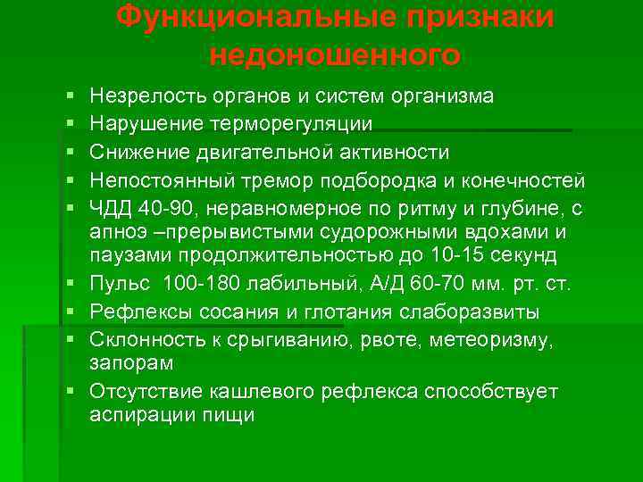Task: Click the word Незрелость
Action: pos(142,96)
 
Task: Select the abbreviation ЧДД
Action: pos(110,208)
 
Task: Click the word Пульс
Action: pos(115,285)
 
